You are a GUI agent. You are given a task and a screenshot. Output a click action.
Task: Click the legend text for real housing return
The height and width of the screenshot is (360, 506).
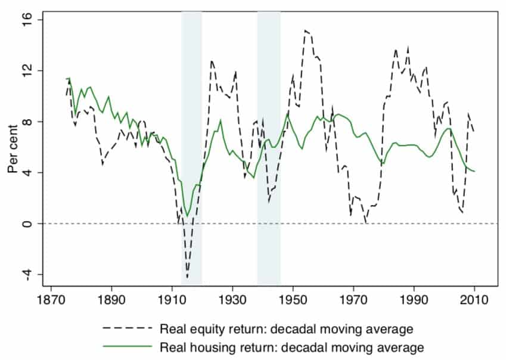click(291, 346)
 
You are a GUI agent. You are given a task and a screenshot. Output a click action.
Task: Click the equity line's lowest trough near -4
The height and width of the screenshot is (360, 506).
click(187, 277)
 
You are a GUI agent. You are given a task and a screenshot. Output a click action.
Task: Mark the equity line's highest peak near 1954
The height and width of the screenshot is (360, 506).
click(305, 30)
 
